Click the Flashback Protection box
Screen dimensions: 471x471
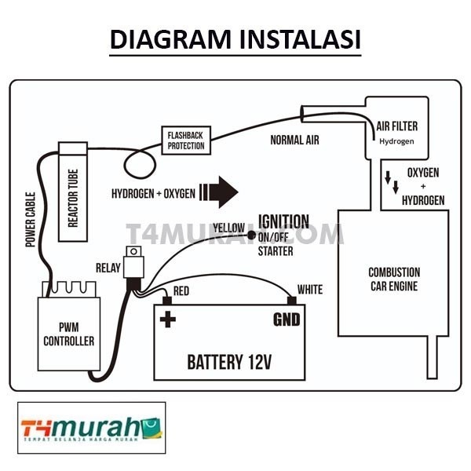185,141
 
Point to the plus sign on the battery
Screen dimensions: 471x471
166,319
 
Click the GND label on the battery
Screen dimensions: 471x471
287,320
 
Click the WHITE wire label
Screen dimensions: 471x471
309,290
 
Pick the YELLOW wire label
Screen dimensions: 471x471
228,227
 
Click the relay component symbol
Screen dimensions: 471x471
135,263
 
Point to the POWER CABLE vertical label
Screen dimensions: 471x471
31,219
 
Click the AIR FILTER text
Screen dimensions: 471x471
397,126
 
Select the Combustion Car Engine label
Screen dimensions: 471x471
393,279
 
